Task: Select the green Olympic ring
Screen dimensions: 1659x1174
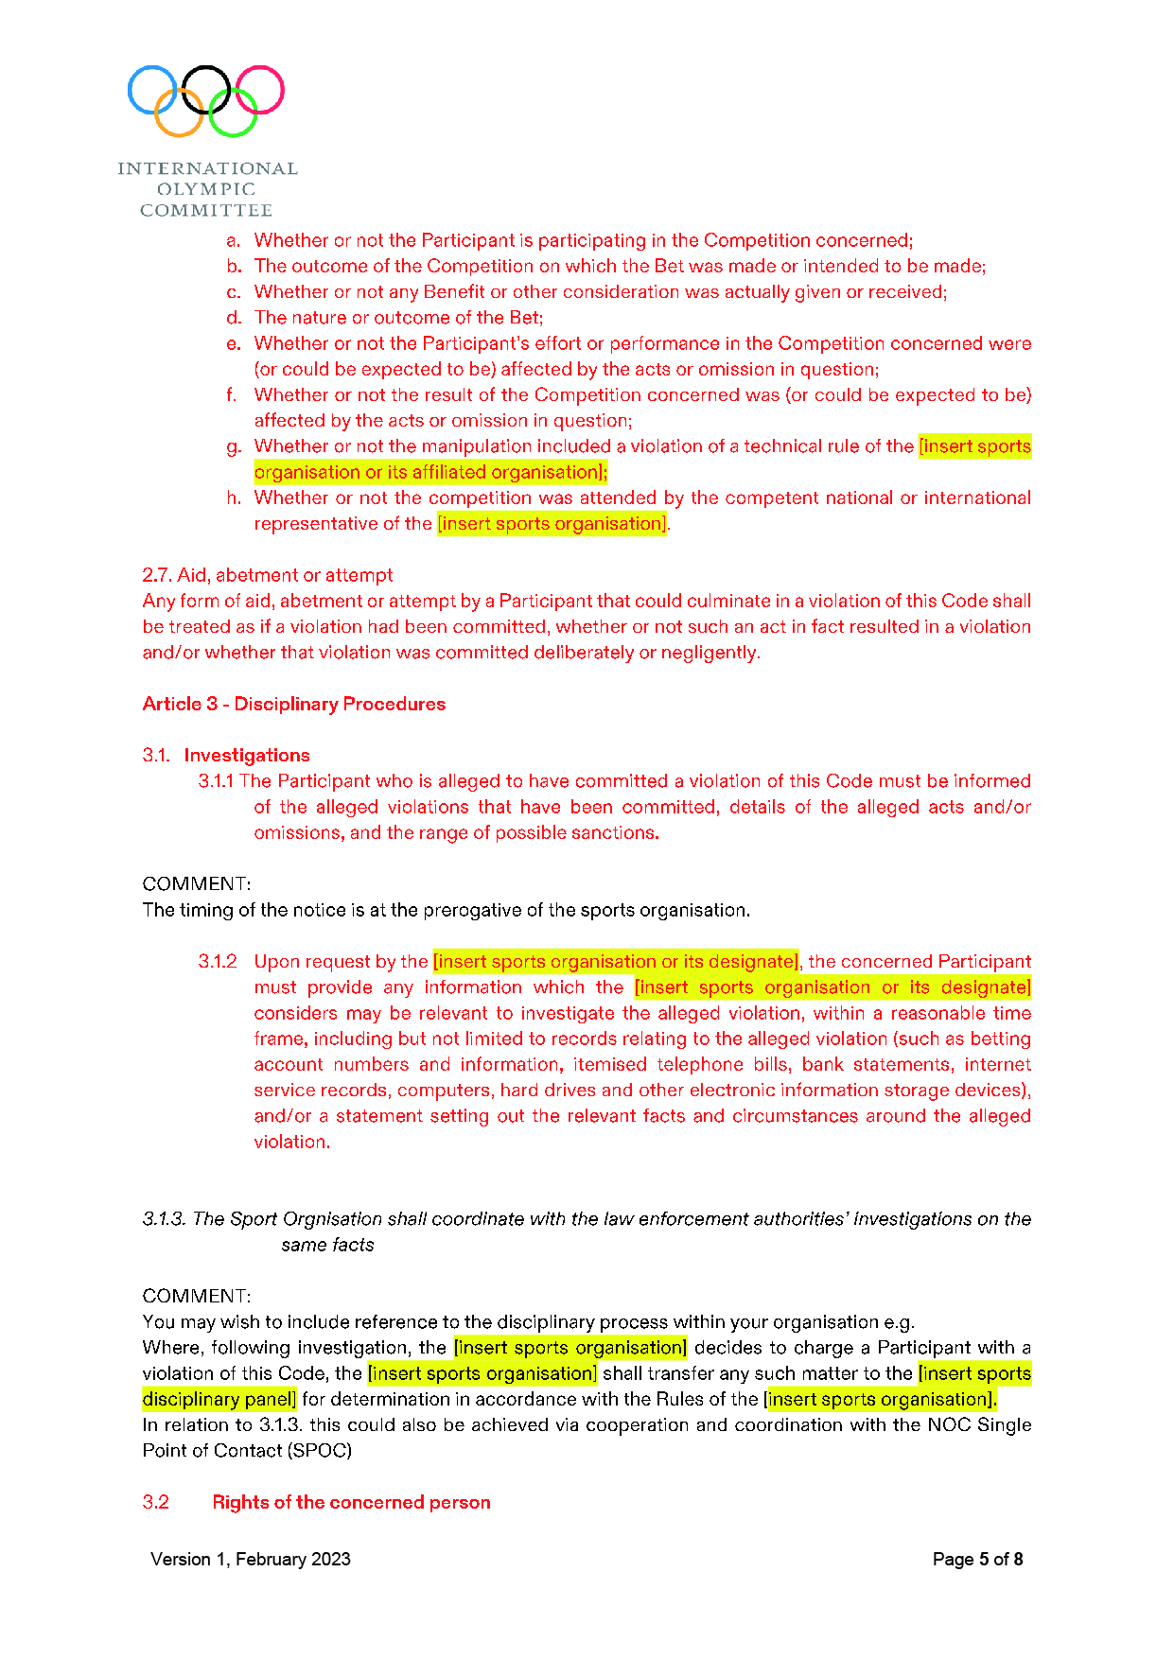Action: (233, 113)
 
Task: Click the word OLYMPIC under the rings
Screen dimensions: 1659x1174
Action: (206, 189)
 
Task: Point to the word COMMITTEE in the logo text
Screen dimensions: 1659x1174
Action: (206, 210)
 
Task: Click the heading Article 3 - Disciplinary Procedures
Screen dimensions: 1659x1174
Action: (293, 704)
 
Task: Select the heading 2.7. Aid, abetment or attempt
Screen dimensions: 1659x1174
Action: (267, 575)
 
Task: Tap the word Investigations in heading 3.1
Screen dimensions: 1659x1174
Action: (247, 755)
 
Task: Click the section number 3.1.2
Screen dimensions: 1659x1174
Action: (218, 961)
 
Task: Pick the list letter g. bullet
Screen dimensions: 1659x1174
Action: (234, 446)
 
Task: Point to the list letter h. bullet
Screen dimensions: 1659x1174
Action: (234, 498)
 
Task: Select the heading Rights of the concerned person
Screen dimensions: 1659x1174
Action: (351, 1502)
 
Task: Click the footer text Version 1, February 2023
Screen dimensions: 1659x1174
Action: (251, 1559)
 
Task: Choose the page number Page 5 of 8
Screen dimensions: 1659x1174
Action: (977, 1559)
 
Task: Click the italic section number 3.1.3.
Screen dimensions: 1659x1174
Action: (165, 1218)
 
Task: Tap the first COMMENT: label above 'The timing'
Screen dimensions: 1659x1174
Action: (196, 883)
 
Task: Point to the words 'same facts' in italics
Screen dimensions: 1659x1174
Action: (327, 1245)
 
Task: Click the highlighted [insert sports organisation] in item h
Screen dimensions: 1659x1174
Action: (552, 523)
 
